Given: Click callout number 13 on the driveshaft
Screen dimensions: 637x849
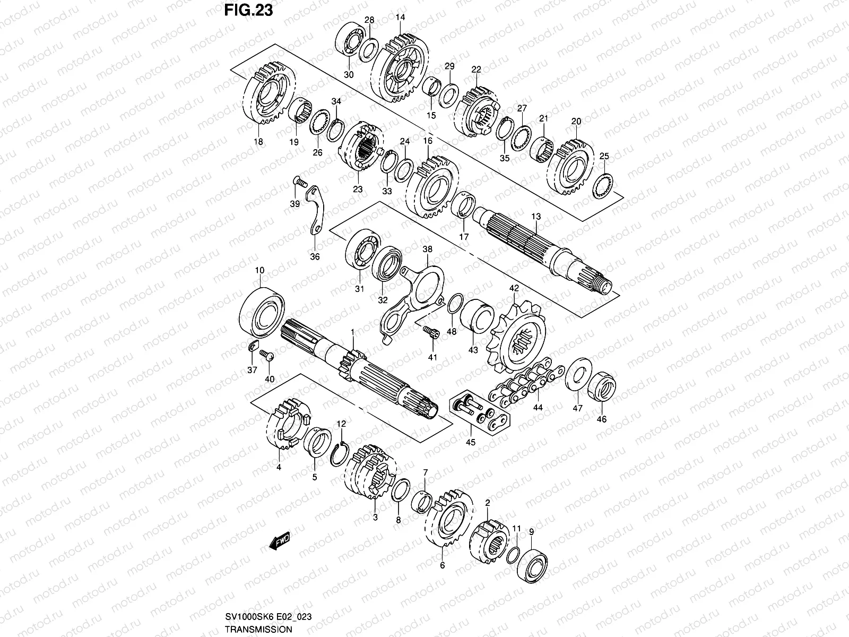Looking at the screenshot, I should pos(536,217).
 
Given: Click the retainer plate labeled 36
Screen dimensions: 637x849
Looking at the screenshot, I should pos(317,211).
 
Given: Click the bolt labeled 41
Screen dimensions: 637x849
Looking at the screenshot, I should pos(431,332).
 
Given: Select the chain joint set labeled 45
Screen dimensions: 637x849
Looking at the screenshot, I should pos(479,415).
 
